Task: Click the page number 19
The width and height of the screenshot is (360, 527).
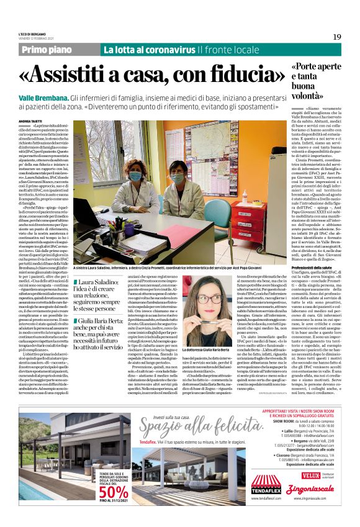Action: pyautogui.click(x=337, y=37)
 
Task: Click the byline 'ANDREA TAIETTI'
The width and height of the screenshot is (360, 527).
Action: pyautogui.click(x=31, y=120)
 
